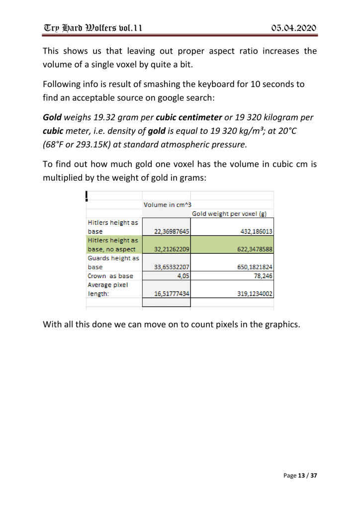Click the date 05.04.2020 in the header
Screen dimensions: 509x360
click(288, 26)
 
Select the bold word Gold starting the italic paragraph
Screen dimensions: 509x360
click(52, 119)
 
